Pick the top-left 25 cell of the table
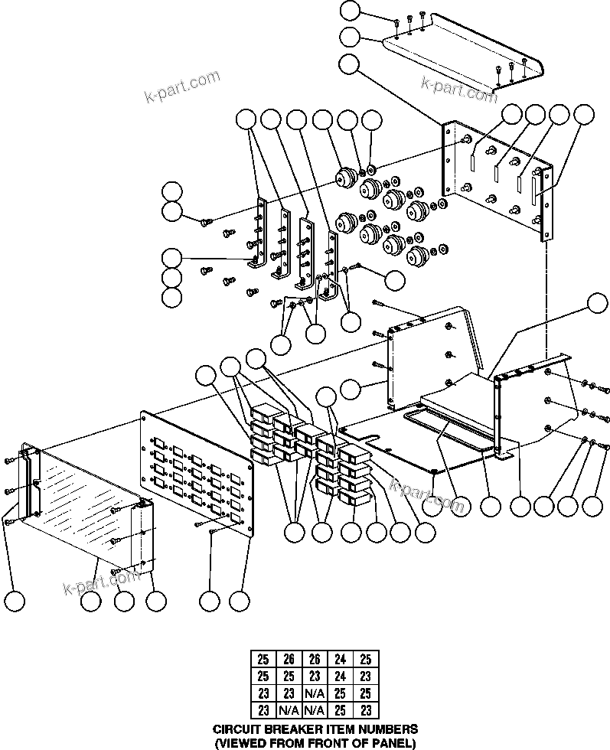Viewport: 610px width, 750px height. coord(263,659)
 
